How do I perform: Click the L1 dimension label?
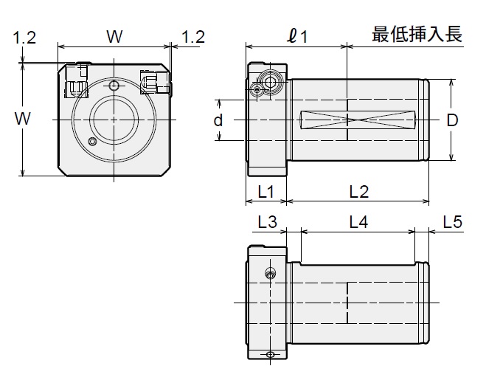tap(265, 192)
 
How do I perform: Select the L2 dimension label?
tap(358, 192)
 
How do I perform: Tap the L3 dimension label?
tap(267, 222)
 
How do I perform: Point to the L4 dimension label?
tap(358, 222)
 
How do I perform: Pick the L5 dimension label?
tap(452, 222)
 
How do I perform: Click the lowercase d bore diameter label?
tap(218, 120)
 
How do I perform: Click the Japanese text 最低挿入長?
tap(417, 35)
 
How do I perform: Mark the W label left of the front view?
tap(24, 118)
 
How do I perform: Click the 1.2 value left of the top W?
tap(24, 37)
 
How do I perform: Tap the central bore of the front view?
tap(114, 119)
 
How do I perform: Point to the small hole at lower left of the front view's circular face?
tap(92, 141)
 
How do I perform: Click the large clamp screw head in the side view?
tap(271, 79)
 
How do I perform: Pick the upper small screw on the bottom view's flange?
tap(271, 275)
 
